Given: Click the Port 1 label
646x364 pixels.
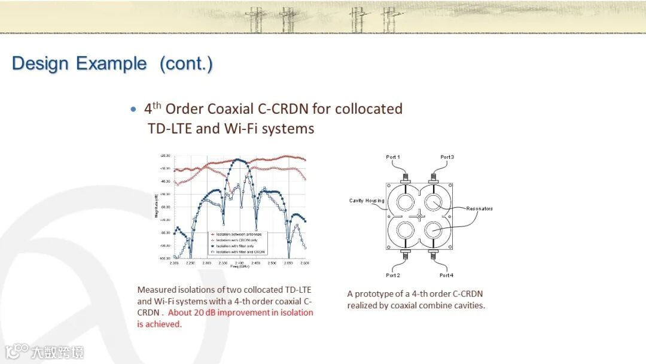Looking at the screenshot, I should coord(393,157).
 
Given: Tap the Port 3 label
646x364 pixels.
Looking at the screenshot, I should coord(447,157).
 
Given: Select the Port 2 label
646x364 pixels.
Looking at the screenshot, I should coord(393,275).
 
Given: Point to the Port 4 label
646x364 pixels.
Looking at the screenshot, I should coord(447,275).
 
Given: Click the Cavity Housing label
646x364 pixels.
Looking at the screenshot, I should coord(367,201).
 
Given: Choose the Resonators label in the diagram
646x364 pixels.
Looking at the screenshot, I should coord(480,208).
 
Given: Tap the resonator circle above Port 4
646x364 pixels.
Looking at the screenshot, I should coord(433,229).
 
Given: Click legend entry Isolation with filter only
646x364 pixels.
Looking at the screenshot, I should coord(236,246).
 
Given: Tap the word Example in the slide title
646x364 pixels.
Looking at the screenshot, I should coord(112,63).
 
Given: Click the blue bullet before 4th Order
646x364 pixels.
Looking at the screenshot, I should coord(133,110).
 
